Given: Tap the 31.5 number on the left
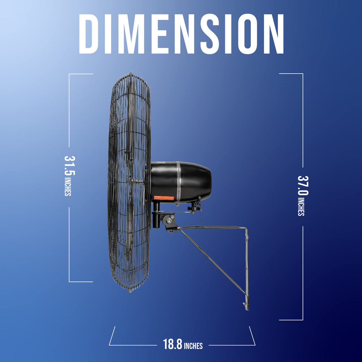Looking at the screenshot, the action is [70, 166].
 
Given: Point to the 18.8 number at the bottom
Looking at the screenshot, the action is [173, 344].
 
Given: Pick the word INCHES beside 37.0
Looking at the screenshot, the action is [301, 207].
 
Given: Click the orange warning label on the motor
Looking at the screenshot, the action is [164, 198].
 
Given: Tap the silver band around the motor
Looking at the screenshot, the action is [178, 183].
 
